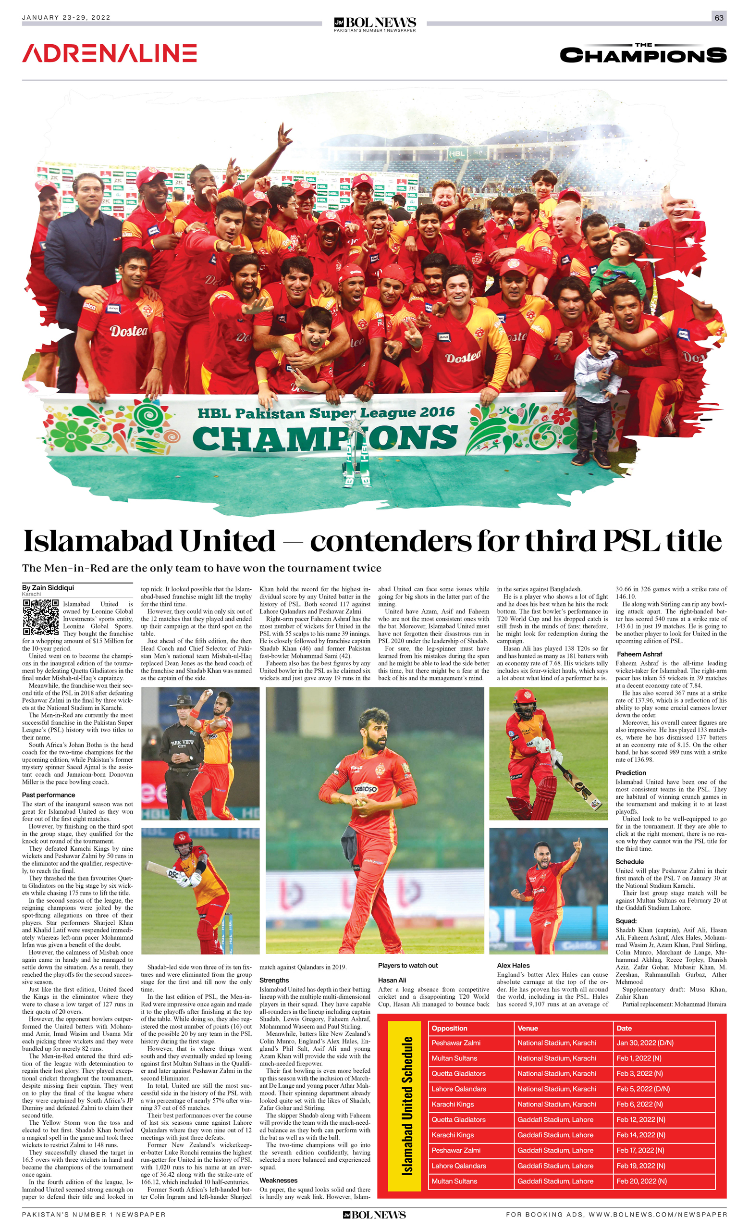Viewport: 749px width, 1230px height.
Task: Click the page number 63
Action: click(x=719, y=18)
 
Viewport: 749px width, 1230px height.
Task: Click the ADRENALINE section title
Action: click(x=109, y=53)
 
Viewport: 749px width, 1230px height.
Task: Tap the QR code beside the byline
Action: click(x=40, y=617)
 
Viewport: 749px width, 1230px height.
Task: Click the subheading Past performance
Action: click(x=49, y=795)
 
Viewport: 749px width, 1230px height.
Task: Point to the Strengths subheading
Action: click(x=274, y=980)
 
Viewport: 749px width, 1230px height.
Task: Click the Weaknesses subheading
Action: click(x=279, y=1180)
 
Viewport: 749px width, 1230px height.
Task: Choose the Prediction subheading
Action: click(x=631, y=772)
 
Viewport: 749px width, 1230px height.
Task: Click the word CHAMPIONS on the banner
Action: click(x=324, y=437)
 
